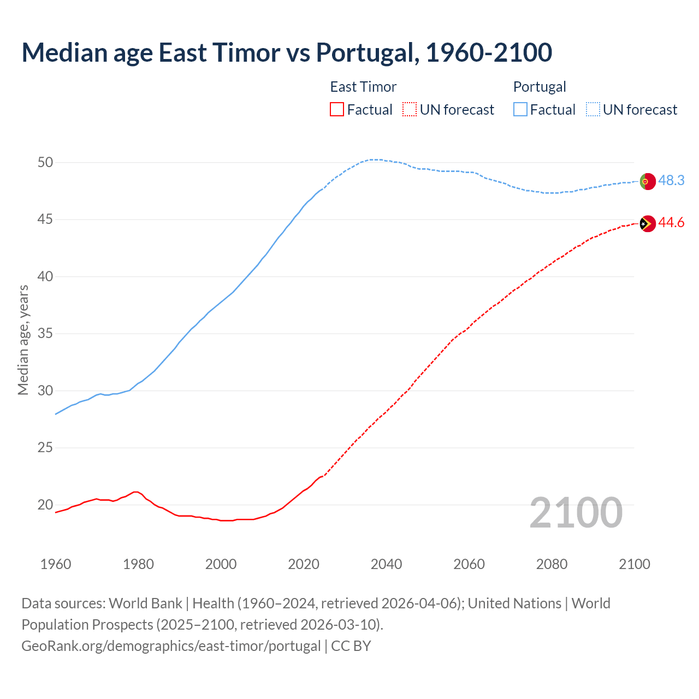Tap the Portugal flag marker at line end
click(648, 181)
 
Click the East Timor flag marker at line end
click(648, 223)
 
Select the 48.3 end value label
click(671, 180)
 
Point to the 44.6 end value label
click(671, 223)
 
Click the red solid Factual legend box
click(337, 110)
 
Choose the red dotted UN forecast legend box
click(410, 110)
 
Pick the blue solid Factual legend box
click(520, 110)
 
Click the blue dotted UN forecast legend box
click(593, 110)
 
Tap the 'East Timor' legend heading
click(363, 87)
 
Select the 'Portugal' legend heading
click(540, 87)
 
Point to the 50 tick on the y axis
click(45, 162)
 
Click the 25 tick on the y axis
click(45, 448)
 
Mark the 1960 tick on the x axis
click(56, 564)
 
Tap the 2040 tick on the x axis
click(386, 564)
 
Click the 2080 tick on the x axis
click(552, 564)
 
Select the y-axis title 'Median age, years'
click(23, 340)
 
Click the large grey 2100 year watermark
click(576, 512)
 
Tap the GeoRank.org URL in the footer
click(171, 646)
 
